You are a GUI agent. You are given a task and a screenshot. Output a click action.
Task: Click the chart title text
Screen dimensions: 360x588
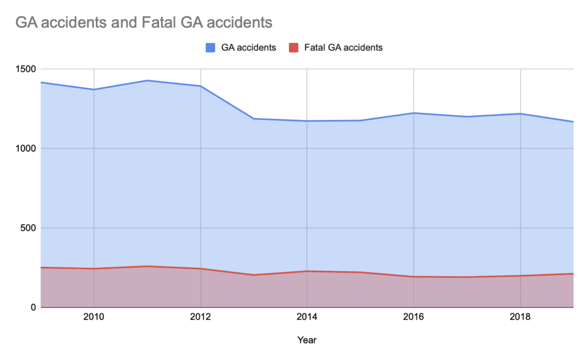(x=144, y=23)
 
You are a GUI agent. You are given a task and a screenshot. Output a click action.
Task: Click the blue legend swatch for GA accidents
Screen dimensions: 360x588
(x=210, y=48)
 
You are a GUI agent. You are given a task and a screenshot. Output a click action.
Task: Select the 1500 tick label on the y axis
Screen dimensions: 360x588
(x=25, y=69)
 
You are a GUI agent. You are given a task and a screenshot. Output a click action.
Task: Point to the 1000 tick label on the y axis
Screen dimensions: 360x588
(x=25, y=148)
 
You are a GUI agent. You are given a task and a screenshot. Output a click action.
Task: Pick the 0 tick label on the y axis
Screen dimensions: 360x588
(x=32, y=308)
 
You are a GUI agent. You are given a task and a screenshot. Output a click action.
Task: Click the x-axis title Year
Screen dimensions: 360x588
(x=307, y=340)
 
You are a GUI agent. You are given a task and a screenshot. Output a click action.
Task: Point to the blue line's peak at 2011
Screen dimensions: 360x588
(x=147, y=80)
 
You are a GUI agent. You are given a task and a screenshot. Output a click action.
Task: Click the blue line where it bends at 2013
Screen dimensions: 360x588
(x=254, y=119)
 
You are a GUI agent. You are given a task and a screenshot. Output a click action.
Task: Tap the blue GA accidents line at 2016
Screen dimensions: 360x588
(x=414, y=113)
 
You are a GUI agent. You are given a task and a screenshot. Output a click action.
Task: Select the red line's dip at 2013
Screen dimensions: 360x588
(x=254, y=275)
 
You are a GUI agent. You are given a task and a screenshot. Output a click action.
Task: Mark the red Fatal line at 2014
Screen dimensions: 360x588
(x=307, y=271)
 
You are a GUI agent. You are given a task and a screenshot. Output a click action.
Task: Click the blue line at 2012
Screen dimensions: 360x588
(x=200, y=86)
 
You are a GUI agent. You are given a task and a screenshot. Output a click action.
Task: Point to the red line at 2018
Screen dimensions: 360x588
(x=521, y=276)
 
